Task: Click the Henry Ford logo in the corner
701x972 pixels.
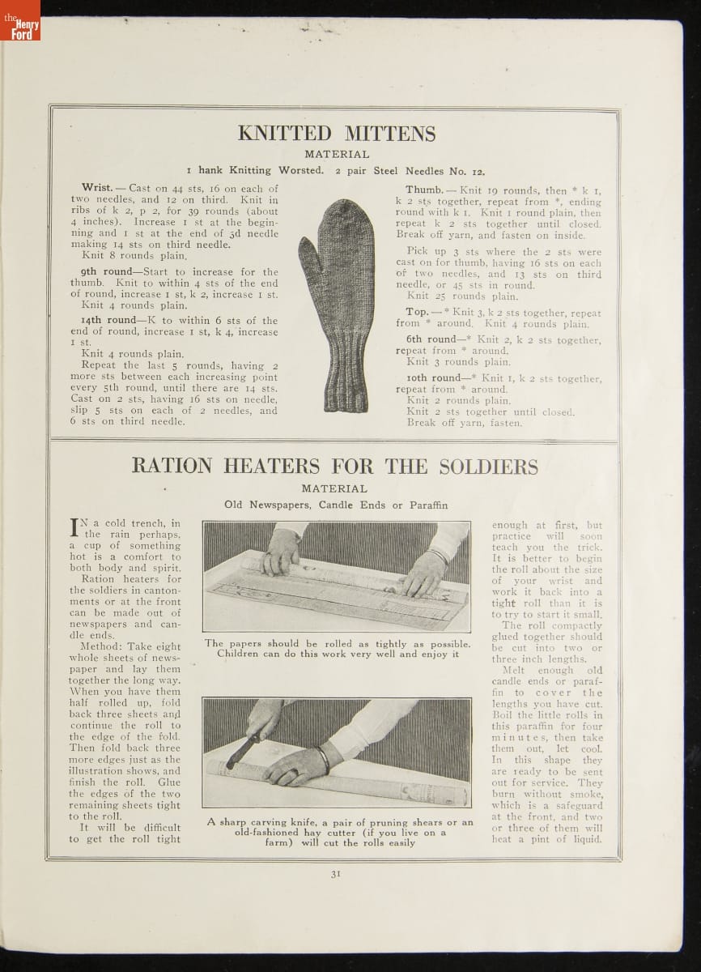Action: [20, 20]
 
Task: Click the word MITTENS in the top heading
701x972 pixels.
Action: [385, 134]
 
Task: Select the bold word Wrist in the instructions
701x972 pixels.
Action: [98, 188]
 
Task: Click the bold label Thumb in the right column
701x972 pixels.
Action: [423, 190]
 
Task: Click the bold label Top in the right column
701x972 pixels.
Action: [417, 313]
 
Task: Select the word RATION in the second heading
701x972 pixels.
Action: [172, 467]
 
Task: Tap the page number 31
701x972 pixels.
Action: [335, 872]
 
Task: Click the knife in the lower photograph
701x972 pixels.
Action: [243, 749]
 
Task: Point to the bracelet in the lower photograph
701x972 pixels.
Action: [323, 759]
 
